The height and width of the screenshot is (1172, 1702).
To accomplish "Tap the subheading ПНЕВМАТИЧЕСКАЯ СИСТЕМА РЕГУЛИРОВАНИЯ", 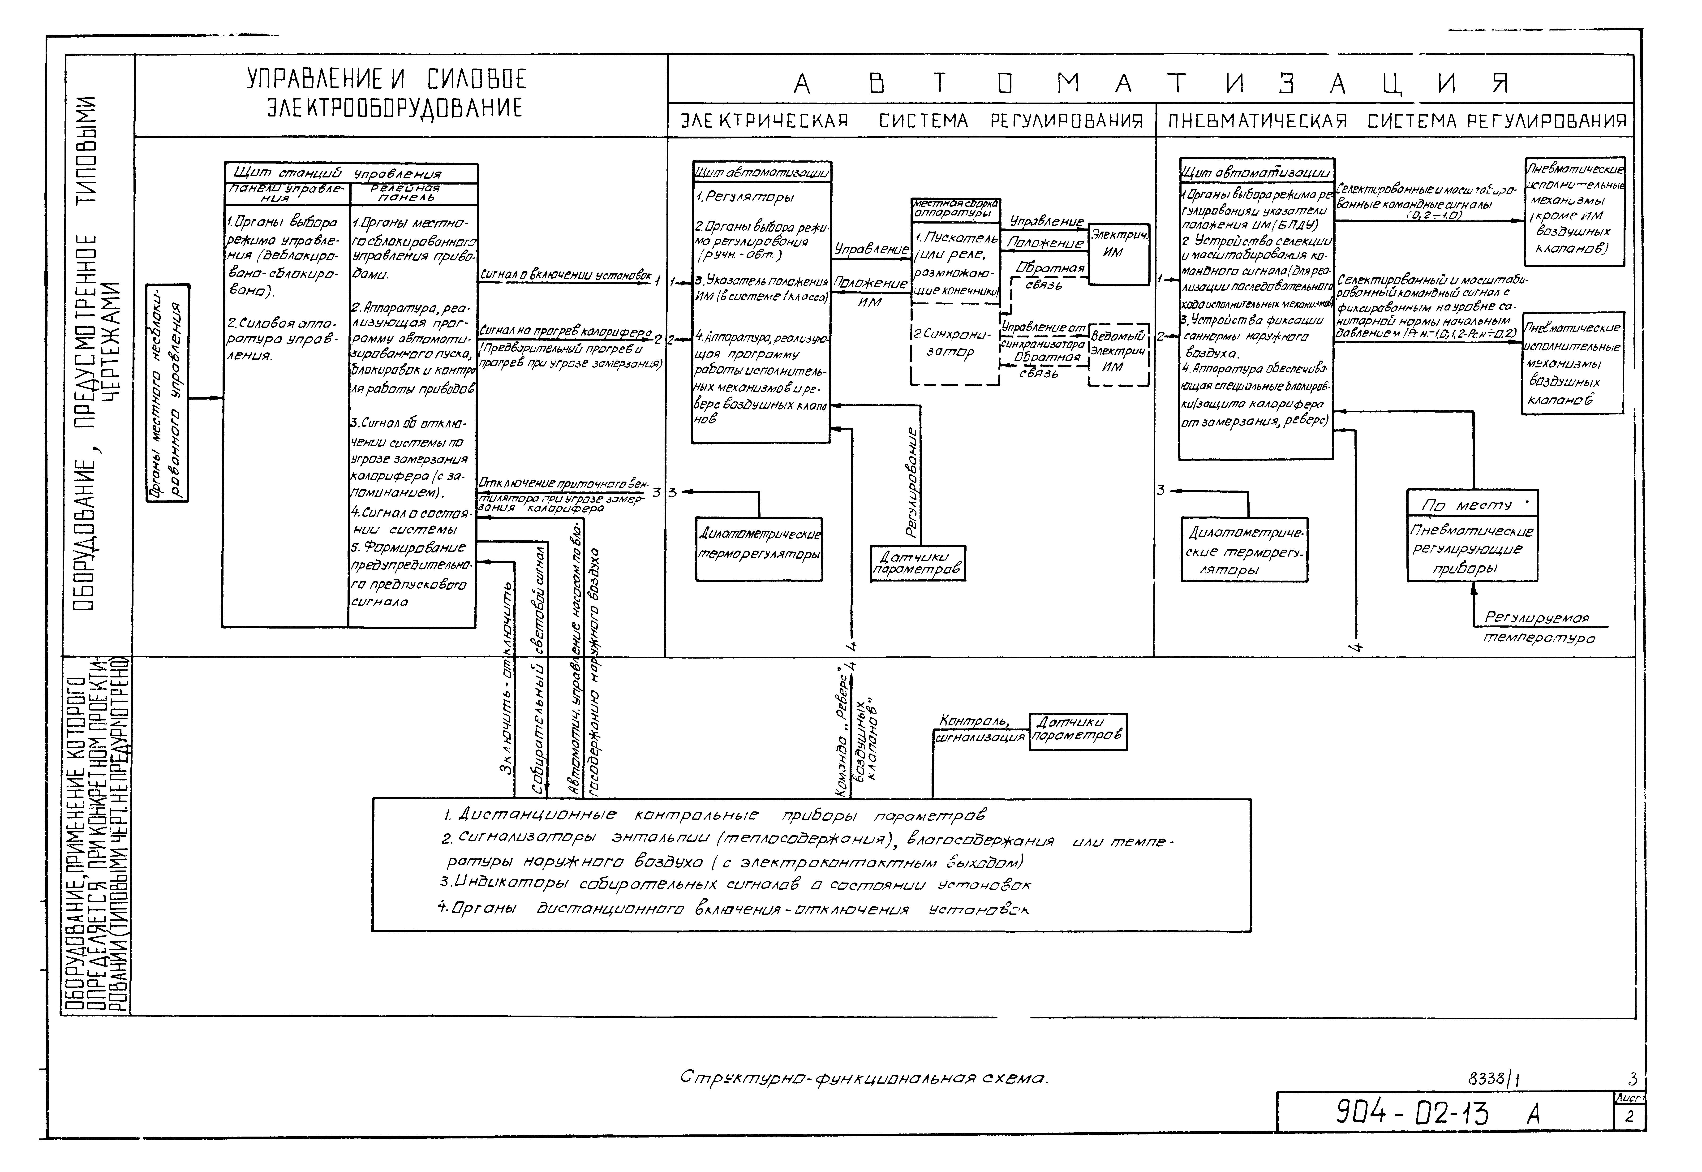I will [1397, 121].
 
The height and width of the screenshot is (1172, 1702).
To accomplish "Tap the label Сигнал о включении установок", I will [565, 275].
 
